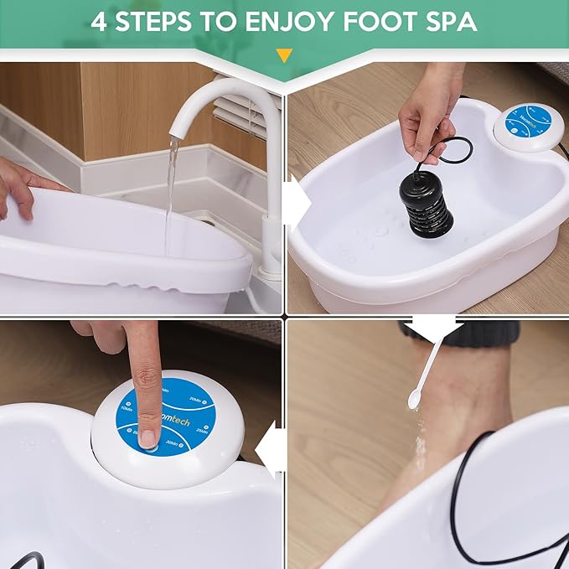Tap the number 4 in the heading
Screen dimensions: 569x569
tap(100, 21)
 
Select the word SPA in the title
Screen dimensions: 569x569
tap(448, 21)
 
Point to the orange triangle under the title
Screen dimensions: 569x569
tap(284, 56)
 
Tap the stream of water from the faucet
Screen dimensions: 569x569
tap(171, 193)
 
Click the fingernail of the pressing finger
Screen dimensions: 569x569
tap(147, 437)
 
